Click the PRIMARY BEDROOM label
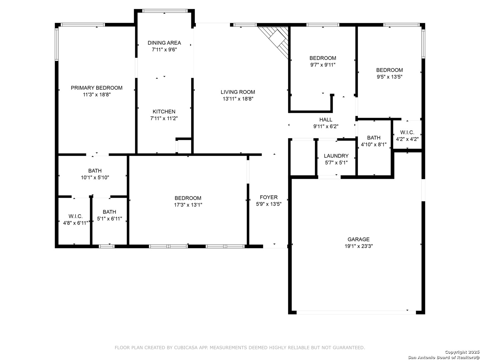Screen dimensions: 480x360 pyautogui.click(x=96, y=88)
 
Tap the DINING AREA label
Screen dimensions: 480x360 pyautogui.click(x=164, y=43)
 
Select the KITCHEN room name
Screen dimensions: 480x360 pyautogui.click(x=164, y=112)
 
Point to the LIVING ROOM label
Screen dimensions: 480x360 pyautogui.click(x=238, y=92)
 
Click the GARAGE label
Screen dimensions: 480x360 pyautogui.click(x=358, y=239)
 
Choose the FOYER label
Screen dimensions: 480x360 pyautogui.click(x=269, y=197)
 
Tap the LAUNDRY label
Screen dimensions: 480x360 pyautogui.click(x=336, y=156)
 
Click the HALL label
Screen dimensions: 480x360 pyautogui.click(x=326, y=120)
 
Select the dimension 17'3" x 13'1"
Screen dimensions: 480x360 pyautogui.click(x=188, y=205)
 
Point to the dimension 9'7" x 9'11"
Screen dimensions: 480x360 pyautogui.click(x=323, y=65)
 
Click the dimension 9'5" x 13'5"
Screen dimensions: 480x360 pyautogui.click(x=389, y=77)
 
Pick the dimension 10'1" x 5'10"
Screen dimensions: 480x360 pyautogui.click(x=95, y=177)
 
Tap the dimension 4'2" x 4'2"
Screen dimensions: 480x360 pyautogui.click(x=407, y=139)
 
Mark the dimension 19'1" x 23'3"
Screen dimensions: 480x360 pyautogui.click(x=359, y=246)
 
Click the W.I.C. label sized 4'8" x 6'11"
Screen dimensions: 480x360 pyautogui.click(x=75, y=216)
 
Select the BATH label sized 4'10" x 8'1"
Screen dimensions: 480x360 pyautogui.click(x=374, y=138)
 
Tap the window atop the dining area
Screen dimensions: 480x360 pyautogui.click(x=165, y=11)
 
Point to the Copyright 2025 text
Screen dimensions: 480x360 pyautogui.click(x=462, y=352)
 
